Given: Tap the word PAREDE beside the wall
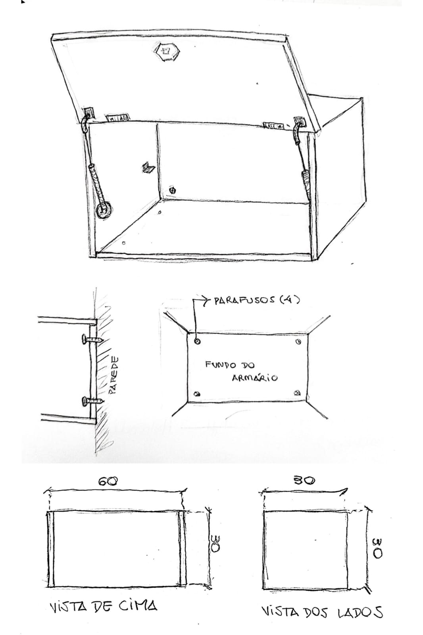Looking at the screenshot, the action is click(113, 375).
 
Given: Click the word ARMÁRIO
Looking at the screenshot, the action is click(255, 377).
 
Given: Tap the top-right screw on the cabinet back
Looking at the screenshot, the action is click(298, 342).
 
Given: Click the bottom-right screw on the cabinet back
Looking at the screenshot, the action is click(297, 393).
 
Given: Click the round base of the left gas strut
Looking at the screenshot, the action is click(104, 210).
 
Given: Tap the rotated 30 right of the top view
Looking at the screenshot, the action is click(215, 543).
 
